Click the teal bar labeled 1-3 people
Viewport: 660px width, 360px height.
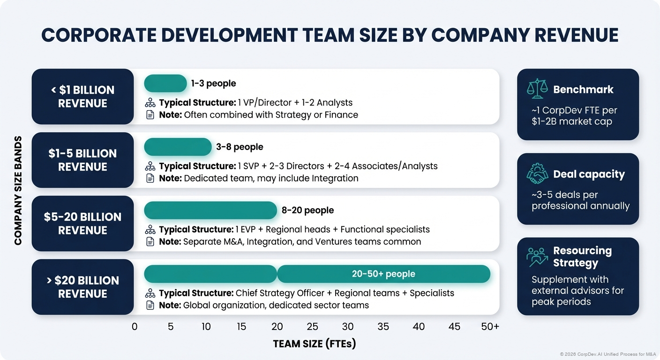[165, 83]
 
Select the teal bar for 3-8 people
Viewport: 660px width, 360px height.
[178, 147]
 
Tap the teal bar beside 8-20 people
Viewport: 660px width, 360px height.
[210, 210]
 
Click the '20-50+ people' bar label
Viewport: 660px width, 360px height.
[383, 274]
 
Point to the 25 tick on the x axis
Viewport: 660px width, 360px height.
[312, 327]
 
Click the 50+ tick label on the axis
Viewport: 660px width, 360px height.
[490, 327]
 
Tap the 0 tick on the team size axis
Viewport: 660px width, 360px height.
[135, 327]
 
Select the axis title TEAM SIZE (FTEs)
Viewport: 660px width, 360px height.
[315, 344]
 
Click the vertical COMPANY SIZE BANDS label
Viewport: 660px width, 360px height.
[18, 190]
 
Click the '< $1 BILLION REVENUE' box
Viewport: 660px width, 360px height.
[82, 97]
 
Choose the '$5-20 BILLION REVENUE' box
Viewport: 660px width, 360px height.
[82, 224]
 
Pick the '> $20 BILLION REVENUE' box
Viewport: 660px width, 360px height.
[82, 287]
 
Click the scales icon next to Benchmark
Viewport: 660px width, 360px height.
[537, 89]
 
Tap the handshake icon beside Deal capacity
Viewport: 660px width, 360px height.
[537, 173]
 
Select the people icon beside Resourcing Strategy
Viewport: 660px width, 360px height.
[537, 257]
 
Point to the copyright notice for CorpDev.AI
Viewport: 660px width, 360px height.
[607, 354]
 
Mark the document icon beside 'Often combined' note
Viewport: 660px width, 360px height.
[150, 115]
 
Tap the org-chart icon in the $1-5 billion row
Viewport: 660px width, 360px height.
[150, 166]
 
